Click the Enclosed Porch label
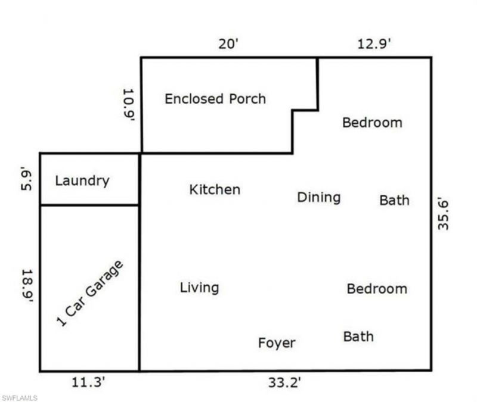click(215, 99)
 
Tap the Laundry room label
click(82, 180)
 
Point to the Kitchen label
click(215, 190)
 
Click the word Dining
click(318, 198)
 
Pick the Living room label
click(199, 288)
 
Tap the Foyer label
click(277, 343)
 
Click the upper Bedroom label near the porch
click(372, 123)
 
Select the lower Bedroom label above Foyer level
click(377, 289)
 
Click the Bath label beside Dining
click(394, 200)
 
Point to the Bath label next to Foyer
click(358, 336)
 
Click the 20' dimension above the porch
click(228, 45)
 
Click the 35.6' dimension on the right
click(442, 214)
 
